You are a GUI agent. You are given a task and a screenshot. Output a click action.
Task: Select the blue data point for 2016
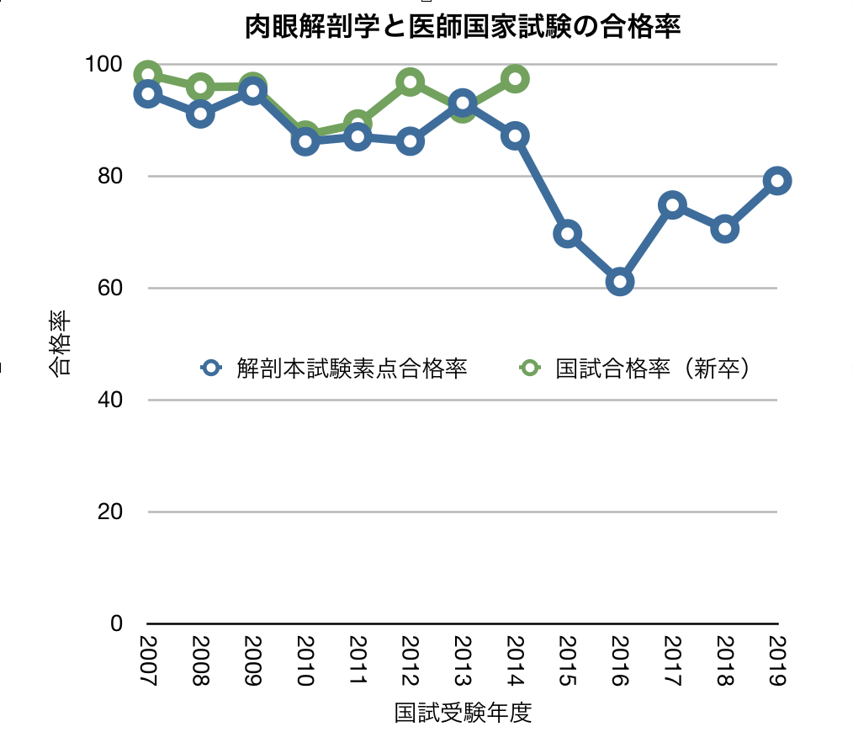(x=620, y=281)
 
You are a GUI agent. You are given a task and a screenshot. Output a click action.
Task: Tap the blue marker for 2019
(x=777, y=180)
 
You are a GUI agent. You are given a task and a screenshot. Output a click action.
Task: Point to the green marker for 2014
(x=515, y=79)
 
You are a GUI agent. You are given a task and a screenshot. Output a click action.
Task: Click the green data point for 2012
(x=410, y=82)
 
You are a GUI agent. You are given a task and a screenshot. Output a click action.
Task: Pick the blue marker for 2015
(x=568, y=233)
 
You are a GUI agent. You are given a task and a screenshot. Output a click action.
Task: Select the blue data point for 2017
(x=672, y=204)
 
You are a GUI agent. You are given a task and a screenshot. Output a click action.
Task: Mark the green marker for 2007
(x=148, y=74)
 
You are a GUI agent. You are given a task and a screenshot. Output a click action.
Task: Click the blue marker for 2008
(x=200, y=114)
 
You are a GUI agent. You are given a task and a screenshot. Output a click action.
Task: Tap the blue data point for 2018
(x=725, y=229)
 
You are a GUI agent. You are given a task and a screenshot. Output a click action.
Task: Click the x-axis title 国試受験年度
(x=463, y=713)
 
